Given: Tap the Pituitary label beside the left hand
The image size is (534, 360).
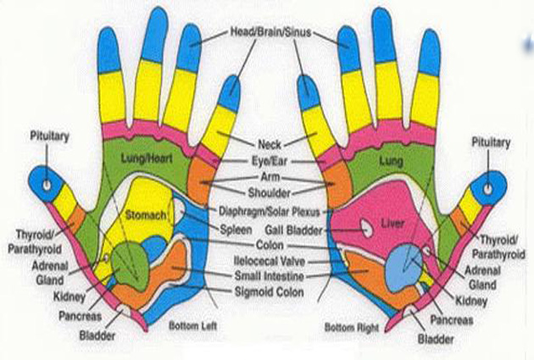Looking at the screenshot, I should point(49,136).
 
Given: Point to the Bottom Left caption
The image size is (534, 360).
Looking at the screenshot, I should point(189,325).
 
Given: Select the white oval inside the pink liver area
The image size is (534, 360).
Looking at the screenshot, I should point(365,226).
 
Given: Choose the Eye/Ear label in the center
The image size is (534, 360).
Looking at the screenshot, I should point(267,159).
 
